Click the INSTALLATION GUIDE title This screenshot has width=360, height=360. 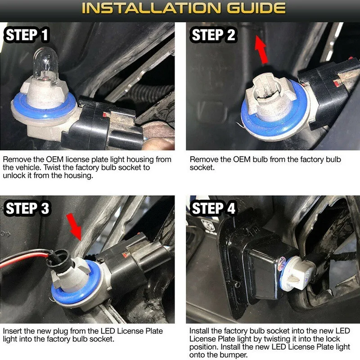(180, 9)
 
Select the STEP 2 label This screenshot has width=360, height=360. (214, 35)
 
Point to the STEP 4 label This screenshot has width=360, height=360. (214, 208)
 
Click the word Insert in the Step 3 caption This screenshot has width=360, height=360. (12, 331)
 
